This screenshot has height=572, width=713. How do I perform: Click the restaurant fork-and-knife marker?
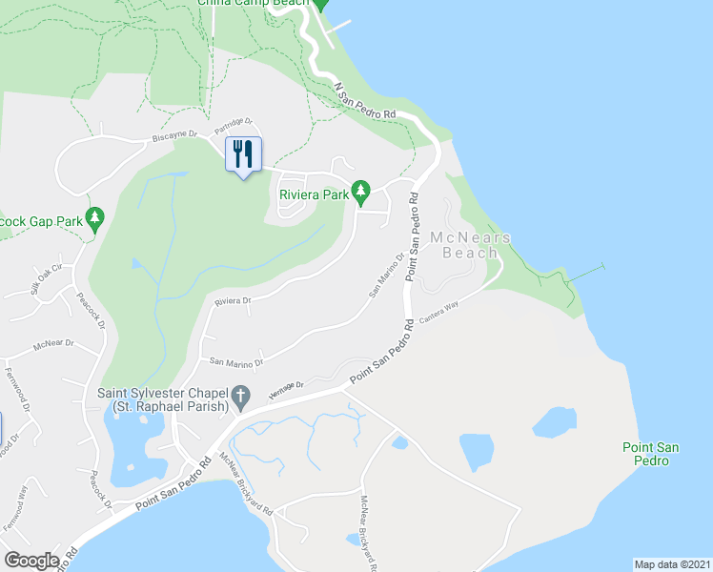point(243,153)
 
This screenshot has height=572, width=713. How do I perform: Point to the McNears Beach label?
point(470,245)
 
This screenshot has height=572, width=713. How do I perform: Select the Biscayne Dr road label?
point(174,137)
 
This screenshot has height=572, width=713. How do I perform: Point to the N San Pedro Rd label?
point(365,100)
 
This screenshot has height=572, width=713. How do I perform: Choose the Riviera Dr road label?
point(232,301)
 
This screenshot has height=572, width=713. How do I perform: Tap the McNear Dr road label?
point(52,345)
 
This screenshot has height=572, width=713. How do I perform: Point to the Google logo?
point(31,560)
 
